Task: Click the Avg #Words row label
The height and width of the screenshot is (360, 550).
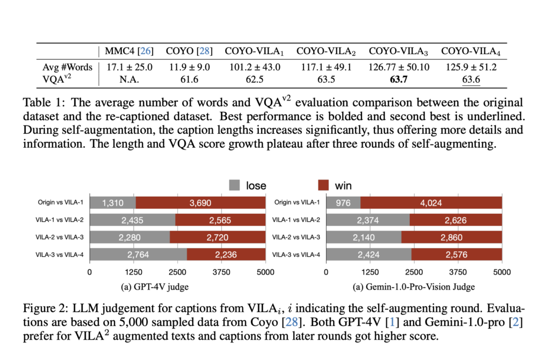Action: pyautogui.click(x=68, y=67)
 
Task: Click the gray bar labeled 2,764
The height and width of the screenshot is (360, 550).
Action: pyautogui.click(x=138, y=255)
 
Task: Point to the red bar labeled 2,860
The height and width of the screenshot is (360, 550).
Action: pyautogui.click(x=451, y=237)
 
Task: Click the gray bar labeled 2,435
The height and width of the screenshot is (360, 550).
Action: pyautogui.click(x=132, y=220)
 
